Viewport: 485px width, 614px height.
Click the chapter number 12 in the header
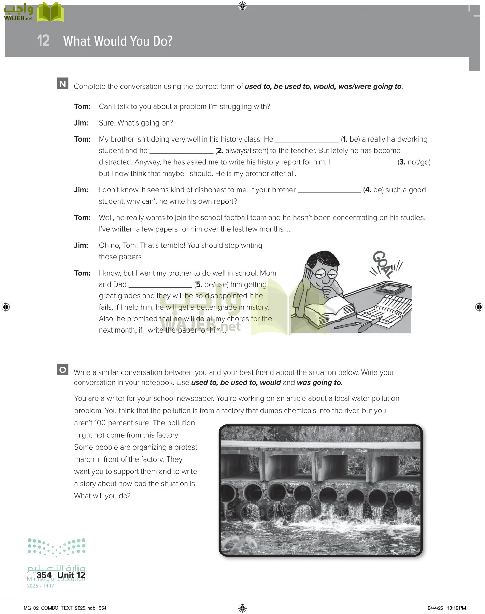(x=43, y=41)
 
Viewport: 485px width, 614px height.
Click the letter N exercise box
(x=63, y=84)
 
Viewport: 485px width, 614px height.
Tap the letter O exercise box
(x=63, y=370)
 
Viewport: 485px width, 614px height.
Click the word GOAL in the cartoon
(x=383, y=263)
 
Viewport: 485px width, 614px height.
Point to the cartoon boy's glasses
(x=326, y=274)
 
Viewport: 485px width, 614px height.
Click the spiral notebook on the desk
(x=386, y=309)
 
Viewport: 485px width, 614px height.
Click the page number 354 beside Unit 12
(x=44, y=575)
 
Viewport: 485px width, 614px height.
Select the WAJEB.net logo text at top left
(x=18, y=18)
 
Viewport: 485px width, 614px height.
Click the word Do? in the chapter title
(x=163, y=41)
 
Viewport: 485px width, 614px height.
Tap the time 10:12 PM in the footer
(x=456, y=608)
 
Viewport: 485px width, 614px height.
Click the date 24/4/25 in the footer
(x=435, y=608)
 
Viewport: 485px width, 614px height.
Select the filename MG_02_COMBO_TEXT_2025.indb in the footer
(x=59, y=608)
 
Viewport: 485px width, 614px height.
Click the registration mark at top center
(x=242, y=5)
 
